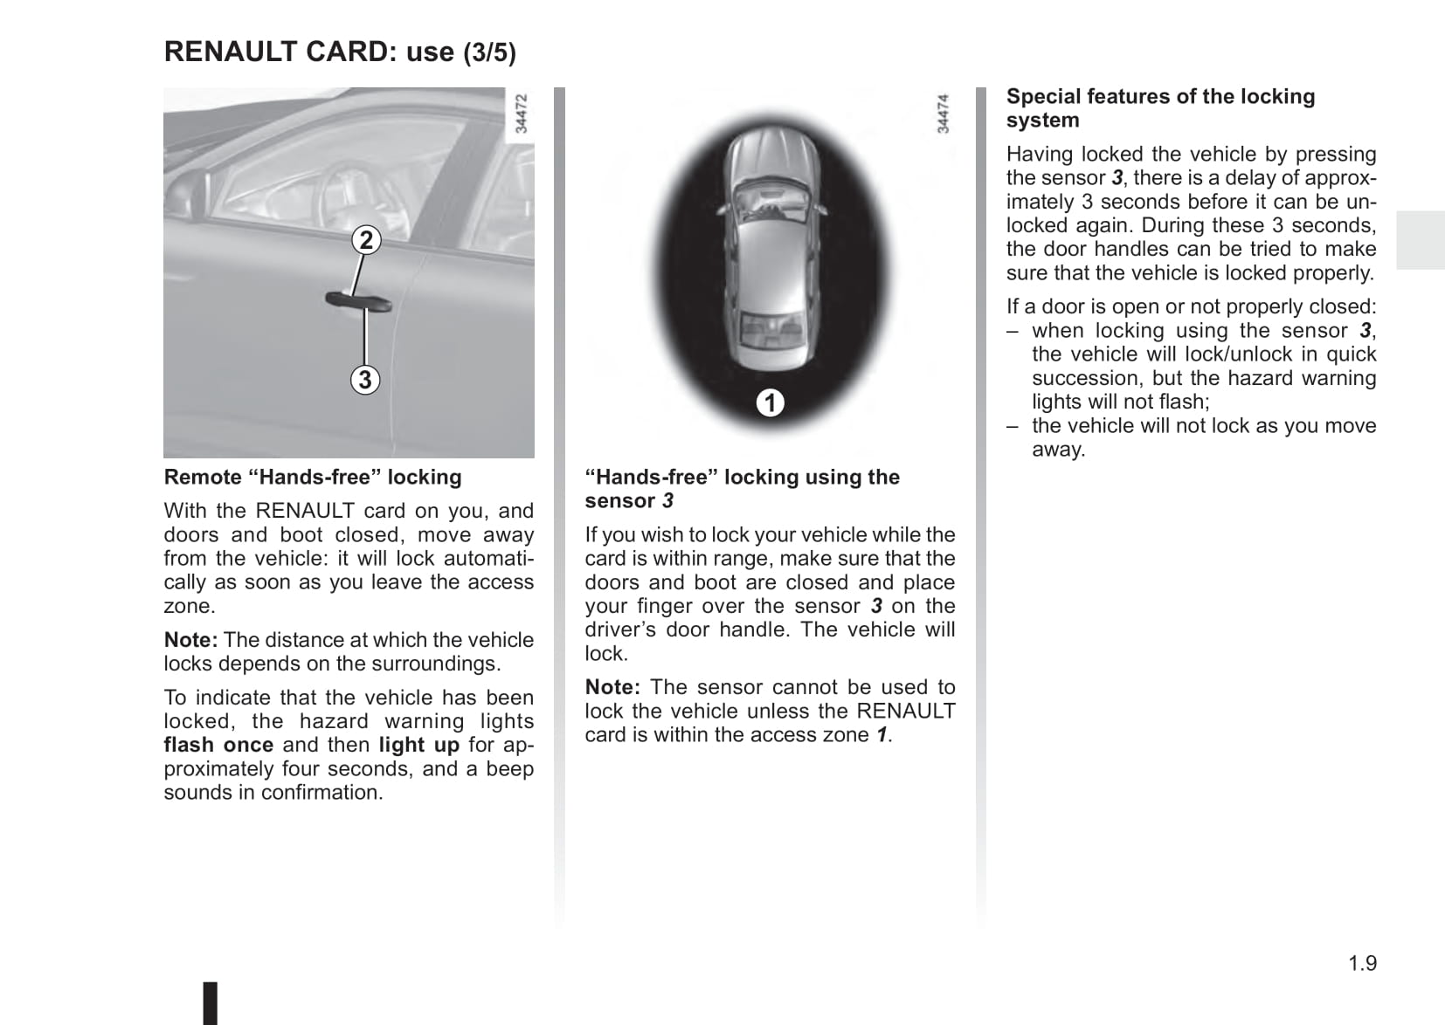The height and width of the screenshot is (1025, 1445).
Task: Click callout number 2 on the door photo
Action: pyautogui.click(x=366, y=240)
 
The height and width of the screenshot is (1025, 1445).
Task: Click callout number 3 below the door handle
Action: pyautogui.click(x=365, y=380)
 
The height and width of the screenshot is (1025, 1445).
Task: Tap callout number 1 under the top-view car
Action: pyautogui.click(x=770, y=402)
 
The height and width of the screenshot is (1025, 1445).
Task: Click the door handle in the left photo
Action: pyautogui.click(x=358, y=301)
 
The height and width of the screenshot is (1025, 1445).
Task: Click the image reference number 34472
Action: pyautogui.click(x=521, y=114)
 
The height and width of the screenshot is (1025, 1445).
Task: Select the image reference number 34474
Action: pyautogui.click(x=943, y=114)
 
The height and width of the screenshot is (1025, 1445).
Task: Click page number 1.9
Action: pyautogui.click(x=1362, y=963)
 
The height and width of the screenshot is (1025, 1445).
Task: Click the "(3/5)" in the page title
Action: pyautogui.click(x=489, y=52)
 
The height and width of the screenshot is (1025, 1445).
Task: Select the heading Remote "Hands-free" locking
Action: pyautogui.click(x=313, y=477)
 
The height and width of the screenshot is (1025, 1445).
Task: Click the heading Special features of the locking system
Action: pyautogui.click(x=1160, y=107)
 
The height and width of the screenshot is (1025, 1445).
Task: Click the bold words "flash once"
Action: pyautogui.click(x=218, y=745)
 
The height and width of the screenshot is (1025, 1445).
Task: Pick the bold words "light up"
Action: pyautogui.click(x=418, y=745)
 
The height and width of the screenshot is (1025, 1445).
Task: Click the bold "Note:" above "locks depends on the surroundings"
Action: pyautogui.click(x=190, y=640)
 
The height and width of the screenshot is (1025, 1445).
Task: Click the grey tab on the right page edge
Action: pyautogui.click(x=1420, y=240)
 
